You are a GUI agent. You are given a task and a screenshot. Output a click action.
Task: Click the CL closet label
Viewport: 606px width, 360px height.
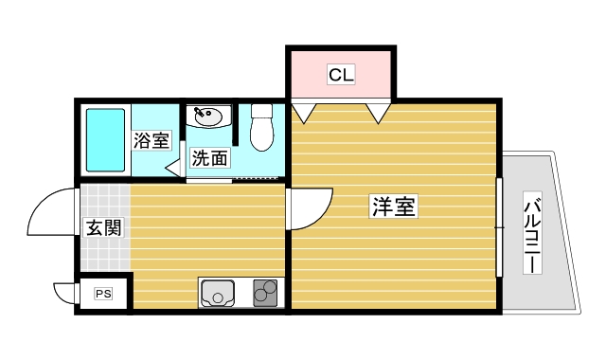coord(341,75)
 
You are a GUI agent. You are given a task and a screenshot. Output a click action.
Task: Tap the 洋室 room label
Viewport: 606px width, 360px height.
coord(393,206)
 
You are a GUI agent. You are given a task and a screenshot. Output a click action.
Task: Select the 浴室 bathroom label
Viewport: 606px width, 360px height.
coord(151,141)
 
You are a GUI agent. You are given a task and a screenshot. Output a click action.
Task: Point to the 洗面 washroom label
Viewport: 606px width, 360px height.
coord(209,158)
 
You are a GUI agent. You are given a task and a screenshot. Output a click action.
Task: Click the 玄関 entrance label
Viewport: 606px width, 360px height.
coord(103,228)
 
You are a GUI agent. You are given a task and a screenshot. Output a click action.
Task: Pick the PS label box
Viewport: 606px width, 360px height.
coord(103,295)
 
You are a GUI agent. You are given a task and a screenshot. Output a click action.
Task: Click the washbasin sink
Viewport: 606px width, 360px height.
coord(207,117)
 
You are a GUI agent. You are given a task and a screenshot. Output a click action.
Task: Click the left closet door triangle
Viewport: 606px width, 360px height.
coord(304,113)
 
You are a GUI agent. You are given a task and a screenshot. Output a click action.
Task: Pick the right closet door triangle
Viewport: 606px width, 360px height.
coord(379,113)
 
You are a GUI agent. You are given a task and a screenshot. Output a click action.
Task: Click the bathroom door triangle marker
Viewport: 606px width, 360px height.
coord(175,167)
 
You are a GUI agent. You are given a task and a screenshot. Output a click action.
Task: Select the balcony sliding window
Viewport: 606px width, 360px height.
coord(498,226)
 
